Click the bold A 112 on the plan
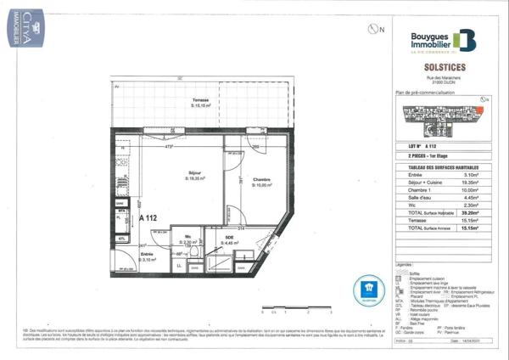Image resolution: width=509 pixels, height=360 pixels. [x=148, y=218]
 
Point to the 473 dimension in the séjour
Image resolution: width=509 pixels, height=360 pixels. [x=169, y=146]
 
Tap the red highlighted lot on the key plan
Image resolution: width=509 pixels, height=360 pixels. [x=480, y=110]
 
